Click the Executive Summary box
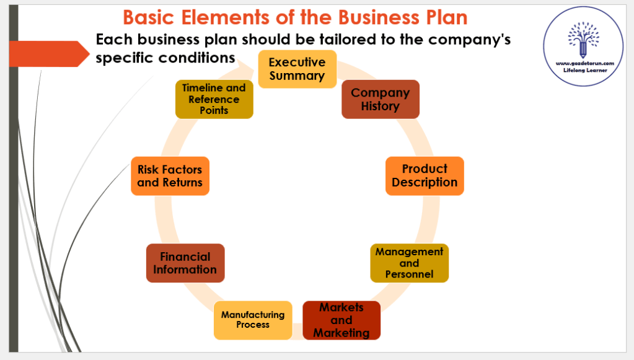(x=297, y=69)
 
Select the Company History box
(x=380, y=99)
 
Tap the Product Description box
(x=425, y=176)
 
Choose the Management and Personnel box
(x=409, y=263)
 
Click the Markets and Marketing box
(x=341, y=320)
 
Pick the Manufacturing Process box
(x=253, y=320)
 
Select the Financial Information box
(x=185, y=263)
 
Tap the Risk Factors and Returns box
(x=170, y=176)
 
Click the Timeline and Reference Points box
(x=214, y=99)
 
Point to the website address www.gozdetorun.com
(x=584, y=63)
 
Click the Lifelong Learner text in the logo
(x=584, y=71)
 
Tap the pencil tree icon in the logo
(x=584, y=39)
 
